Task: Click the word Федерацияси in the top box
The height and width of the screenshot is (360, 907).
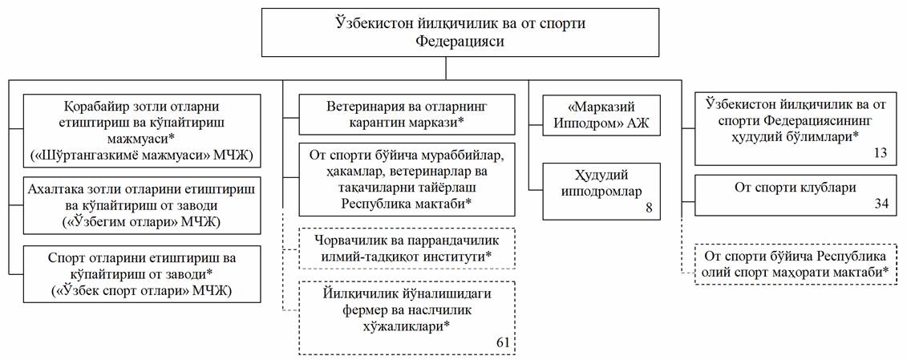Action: tap(460, 42)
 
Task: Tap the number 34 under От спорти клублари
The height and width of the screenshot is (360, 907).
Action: tap(880, 205)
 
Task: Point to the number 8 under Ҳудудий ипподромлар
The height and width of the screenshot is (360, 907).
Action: tap(650, 208)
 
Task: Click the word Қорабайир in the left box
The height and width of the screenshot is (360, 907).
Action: tap(95, 106)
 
